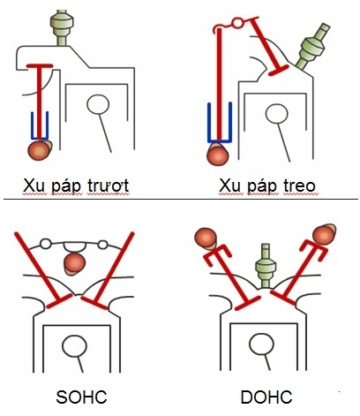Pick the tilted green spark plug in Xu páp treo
(x=315, y=52)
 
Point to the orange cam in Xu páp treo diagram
(x=216, y=154)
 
